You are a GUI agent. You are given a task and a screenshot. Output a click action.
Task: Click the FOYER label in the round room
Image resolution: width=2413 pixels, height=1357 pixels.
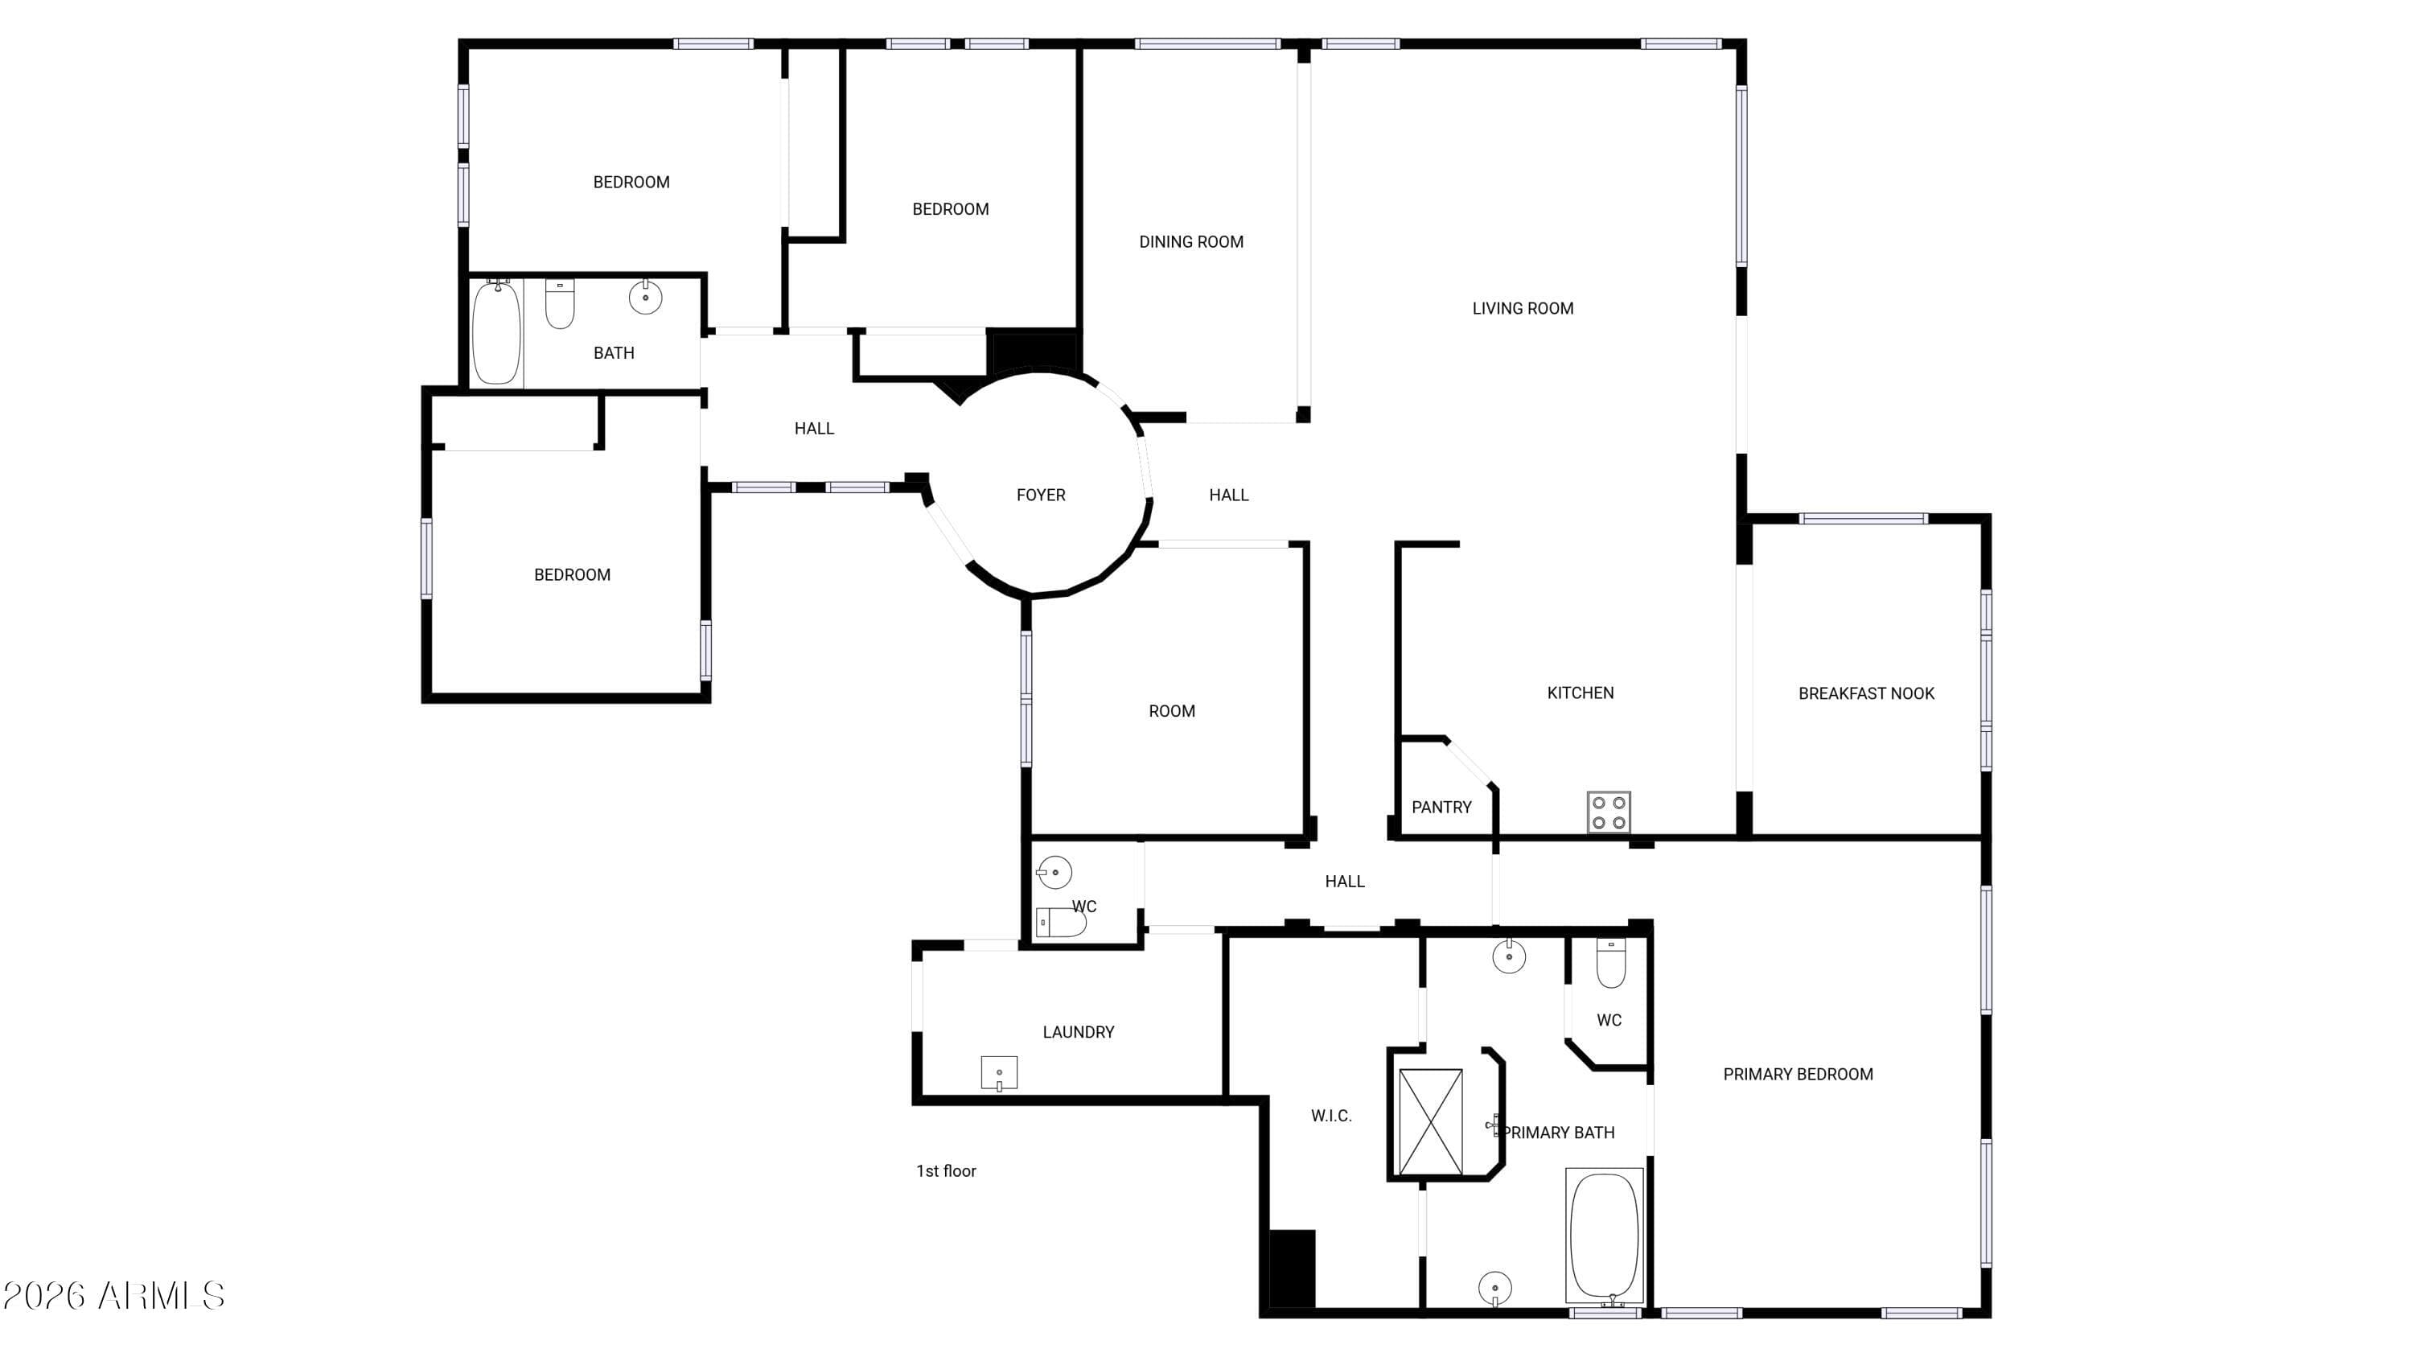pyautogui.click(x=1041, y=495)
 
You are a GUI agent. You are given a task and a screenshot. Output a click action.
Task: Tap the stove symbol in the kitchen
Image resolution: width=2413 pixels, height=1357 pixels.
pyautogui.click(x=1609, y=812)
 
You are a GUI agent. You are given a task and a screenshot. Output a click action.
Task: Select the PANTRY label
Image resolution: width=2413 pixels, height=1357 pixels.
pyautogui.click(x=1441, y=808)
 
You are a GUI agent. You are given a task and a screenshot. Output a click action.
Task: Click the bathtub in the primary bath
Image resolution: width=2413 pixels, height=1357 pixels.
pyautogui.click(x=1605, y=1236)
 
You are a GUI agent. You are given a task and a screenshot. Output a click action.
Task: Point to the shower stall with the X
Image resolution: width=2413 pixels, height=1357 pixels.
pyautogui.click(x=1429, y=1122)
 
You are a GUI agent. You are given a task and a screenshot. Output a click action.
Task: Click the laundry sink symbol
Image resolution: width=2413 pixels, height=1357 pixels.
pyautogui.click(x=1000, y=1072)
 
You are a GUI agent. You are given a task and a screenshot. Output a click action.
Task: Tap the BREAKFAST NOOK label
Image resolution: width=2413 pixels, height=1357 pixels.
pyautogui.click(x=1866, y=694)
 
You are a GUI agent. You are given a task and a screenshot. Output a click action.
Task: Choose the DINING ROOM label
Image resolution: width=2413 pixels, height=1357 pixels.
pyautogui.click(x=1191, y=241)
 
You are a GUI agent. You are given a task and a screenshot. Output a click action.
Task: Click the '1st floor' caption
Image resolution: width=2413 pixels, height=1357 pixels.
pyautogui.click(x=946, y=1170)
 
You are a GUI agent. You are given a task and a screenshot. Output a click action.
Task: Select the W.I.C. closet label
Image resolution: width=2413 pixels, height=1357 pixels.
pyautogui.click(x=1331, y=1116)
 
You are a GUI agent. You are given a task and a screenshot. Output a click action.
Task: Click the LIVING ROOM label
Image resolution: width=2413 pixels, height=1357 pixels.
pyautogui.click(x=1523, y=308)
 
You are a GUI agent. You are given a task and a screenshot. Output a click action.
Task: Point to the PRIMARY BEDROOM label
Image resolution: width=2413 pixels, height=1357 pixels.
pyautogui.click(x=1798, y=1074)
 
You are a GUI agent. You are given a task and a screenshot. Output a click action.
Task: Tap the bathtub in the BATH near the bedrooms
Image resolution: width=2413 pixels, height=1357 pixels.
pyautogui.click(x=495, y=332)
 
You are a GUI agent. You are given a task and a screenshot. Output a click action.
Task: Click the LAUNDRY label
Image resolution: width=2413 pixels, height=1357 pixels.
pyautogui.click(x=1078, y=1032)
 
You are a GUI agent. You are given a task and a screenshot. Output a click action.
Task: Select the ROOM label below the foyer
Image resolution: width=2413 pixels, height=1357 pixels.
pyautogui.click(x=1172, y=711)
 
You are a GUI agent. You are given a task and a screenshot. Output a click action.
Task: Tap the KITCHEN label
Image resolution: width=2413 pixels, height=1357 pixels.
pyautogui.click(x=1581, y=693)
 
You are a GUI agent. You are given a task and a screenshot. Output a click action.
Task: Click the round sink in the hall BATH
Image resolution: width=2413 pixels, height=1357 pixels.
pyautogui.click(x=645, y=297)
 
